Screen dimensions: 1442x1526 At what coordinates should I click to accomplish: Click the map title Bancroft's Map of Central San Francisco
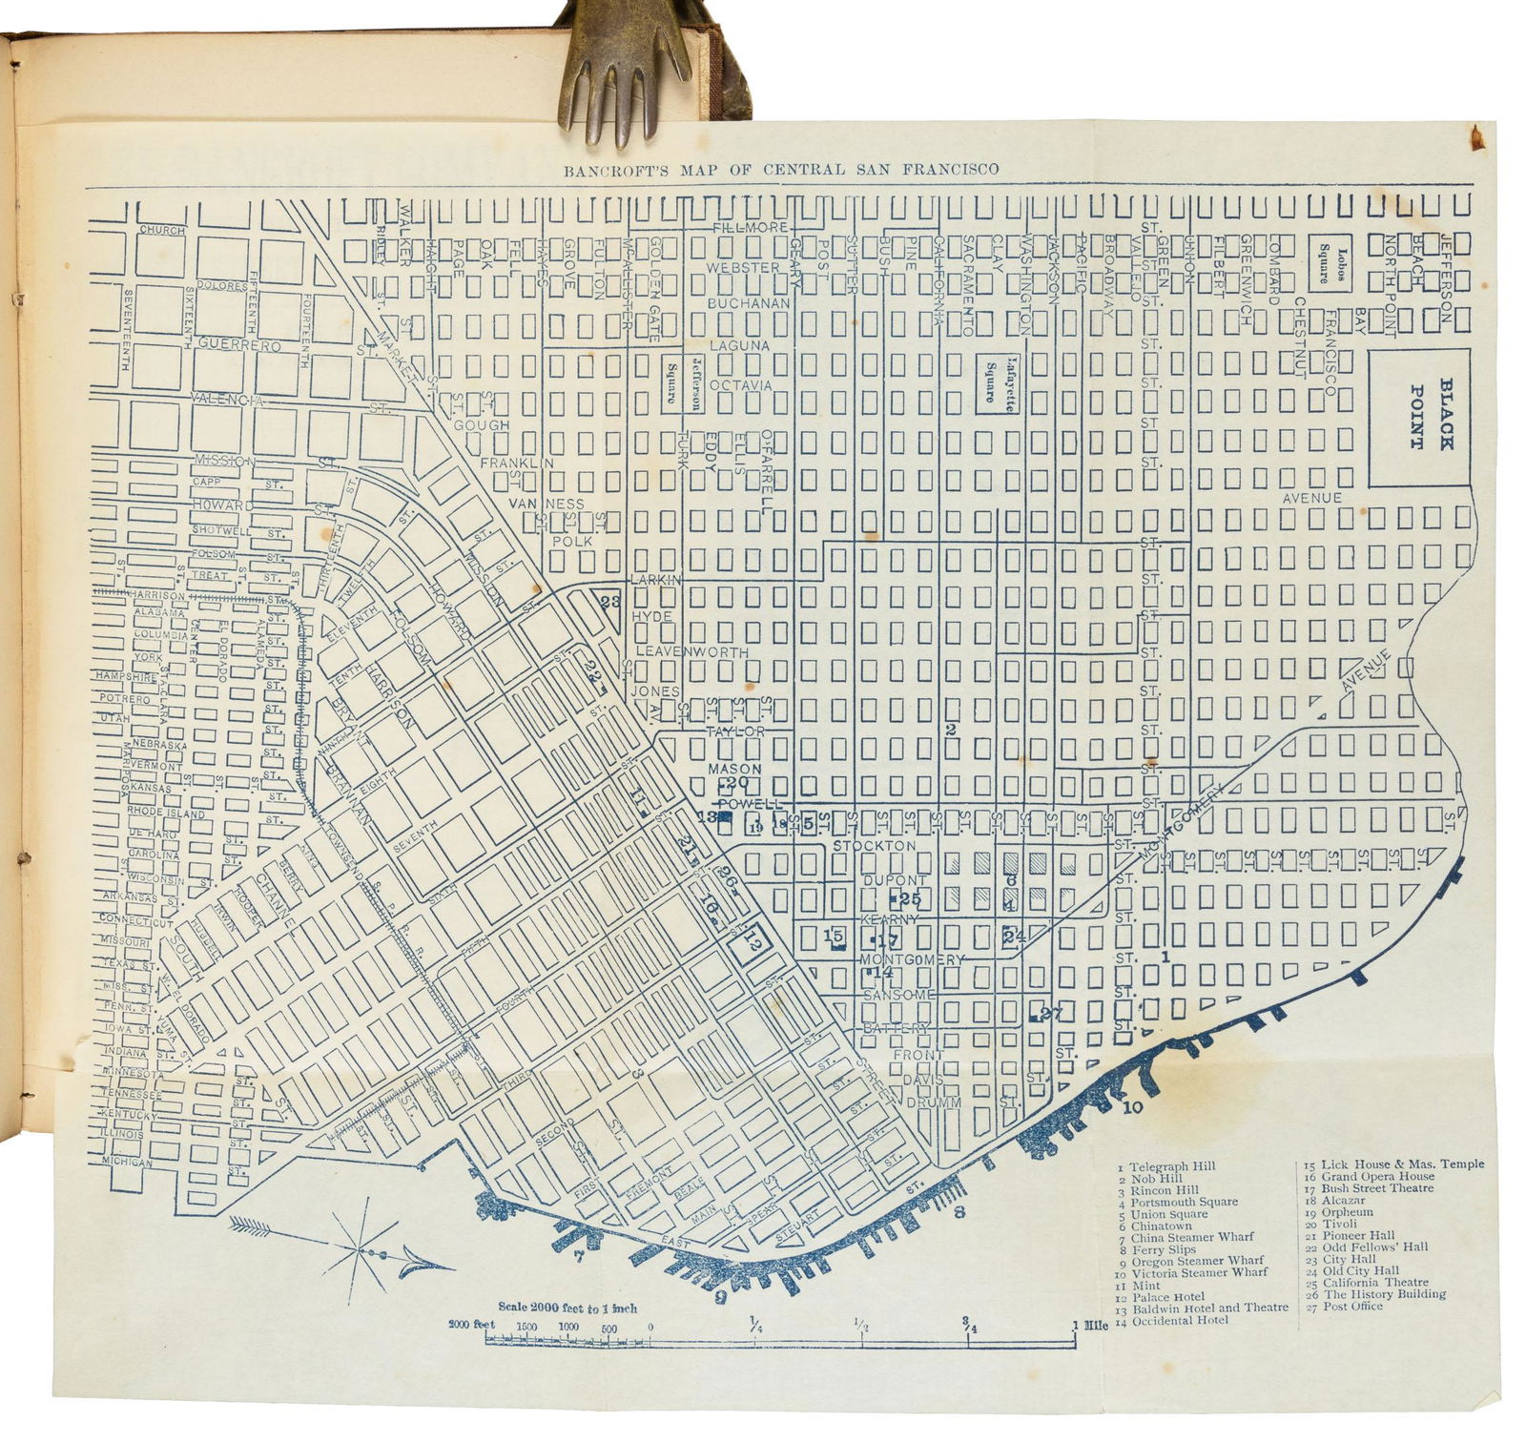coord(780,171)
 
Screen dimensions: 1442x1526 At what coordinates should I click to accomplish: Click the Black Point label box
coord(1419,417)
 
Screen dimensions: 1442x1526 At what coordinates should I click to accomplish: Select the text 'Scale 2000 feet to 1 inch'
coord(567,1308)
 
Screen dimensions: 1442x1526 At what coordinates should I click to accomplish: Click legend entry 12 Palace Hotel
coord(1159,1297)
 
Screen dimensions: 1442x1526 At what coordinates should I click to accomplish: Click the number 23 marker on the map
coord(610,602)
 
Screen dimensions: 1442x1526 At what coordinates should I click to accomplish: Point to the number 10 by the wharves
coord(1132,1108)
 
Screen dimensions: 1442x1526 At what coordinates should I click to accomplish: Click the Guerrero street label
coord(238,345)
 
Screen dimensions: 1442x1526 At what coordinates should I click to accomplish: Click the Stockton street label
coord(874,845)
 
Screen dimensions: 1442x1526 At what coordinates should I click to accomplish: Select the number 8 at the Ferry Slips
coord(959,1213)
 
